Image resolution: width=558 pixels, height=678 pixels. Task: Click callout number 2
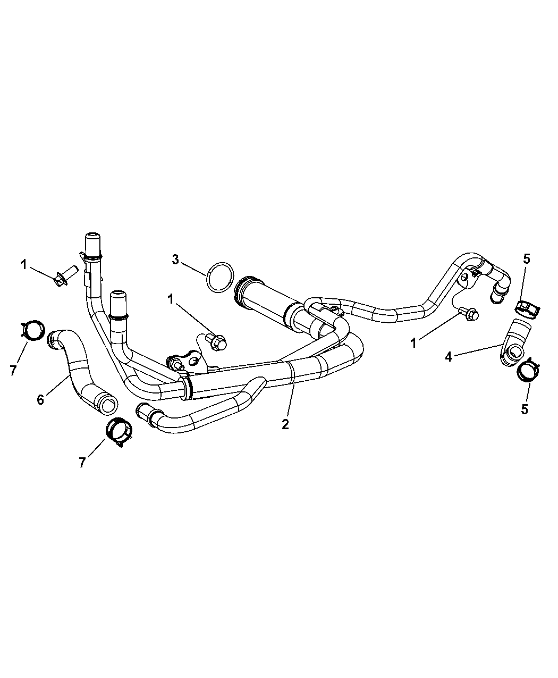point(285,424)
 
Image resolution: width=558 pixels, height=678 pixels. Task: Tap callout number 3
point(175,260)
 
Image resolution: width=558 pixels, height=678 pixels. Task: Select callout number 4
point(449,357)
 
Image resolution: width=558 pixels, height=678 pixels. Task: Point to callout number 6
point(41,399)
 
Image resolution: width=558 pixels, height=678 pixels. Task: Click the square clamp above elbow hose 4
point(527,308)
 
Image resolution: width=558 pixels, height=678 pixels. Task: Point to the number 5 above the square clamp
point(526,260)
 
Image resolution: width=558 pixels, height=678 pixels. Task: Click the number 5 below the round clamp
point(525,410)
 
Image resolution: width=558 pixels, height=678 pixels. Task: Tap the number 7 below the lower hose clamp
point(82,463)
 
